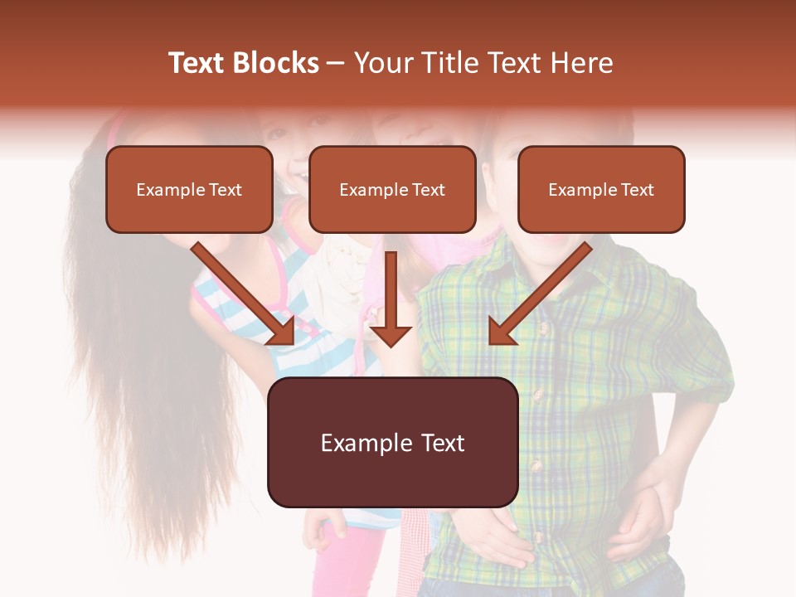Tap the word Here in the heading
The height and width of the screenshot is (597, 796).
tap(582, 63)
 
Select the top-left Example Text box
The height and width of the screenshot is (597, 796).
tap(189, 190)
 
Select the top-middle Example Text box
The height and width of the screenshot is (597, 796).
tap(392, 190)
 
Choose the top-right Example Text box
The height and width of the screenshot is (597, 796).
tap(601, 190)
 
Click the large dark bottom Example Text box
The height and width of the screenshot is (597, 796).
tap(392, 443)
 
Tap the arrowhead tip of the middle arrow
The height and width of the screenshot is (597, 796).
tap(391, 343)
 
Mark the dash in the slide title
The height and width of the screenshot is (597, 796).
tap(336, 64)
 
